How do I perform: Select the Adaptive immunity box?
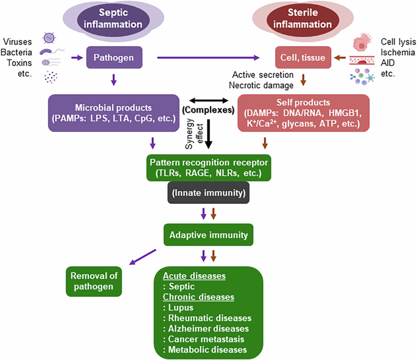click(208, 234)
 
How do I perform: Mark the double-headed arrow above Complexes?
click(209, 101)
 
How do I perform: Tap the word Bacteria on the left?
click(16, 51)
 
